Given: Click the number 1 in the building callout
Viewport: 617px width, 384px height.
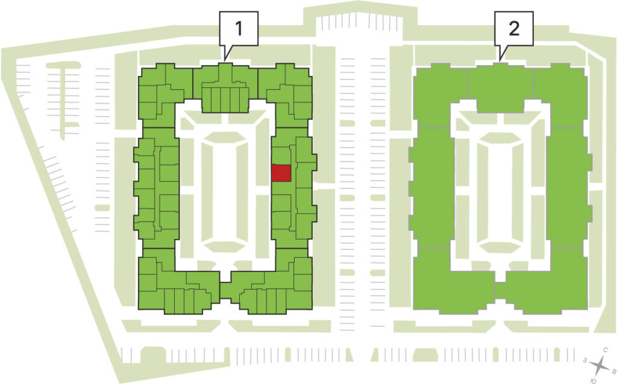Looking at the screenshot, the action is (x=239, y=28).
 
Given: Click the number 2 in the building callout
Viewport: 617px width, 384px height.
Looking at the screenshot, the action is (x=514, y=28).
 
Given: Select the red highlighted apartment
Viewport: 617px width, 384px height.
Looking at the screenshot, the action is (x=281, y=173).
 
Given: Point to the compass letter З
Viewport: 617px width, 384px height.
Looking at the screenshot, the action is (x=586, y=360).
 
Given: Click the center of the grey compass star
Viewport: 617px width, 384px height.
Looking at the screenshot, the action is (x=600, y=365).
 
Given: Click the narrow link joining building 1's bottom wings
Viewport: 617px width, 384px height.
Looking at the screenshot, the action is (x=225, y=291).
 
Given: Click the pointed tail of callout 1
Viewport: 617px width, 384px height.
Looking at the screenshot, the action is (x=225, y=60).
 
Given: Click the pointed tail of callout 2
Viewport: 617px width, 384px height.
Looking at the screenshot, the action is (x=500, y=60).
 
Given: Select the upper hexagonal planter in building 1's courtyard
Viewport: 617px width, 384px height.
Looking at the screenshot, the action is (x=225, y=137).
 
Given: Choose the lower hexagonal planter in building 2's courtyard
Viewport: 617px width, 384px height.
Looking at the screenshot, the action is (x=500, y=247).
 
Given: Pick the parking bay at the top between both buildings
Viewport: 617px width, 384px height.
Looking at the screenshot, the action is (x=359, y=21).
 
